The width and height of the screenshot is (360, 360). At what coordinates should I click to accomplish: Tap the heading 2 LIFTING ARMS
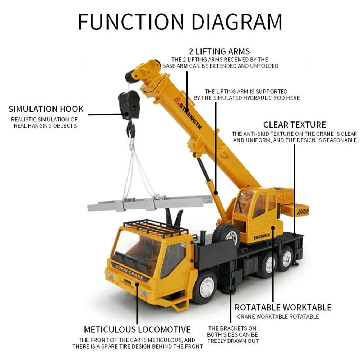tap(219, 51)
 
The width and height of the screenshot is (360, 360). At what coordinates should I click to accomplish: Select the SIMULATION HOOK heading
tap(46, 109)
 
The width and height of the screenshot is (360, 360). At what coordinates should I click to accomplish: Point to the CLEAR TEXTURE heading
tap(294, 125)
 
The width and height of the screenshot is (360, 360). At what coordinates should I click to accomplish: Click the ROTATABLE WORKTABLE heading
tap(283, 308)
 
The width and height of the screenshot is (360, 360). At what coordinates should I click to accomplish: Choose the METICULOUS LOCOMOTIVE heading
tap(137, 329)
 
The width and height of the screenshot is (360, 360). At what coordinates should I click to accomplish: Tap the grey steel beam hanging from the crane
tap(151, 203)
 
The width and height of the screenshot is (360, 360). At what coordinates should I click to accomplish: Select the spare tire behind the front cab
tap(226, 234)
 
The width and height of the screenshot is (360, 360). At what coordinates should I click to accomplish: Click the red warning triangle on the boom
tap(177, 101)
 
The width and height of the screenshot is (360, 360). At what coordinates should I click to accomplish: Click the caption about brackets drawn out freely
tap(233, 334)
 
